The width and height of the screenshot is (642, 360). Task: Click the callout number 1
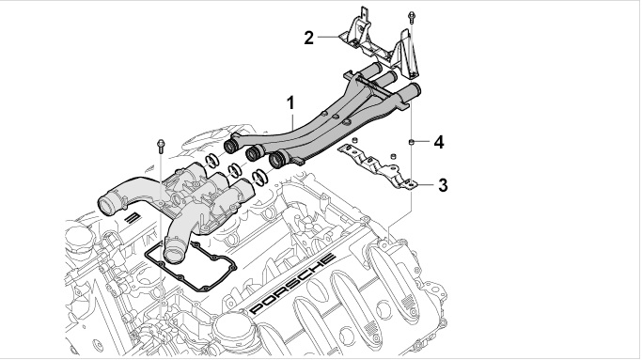(290, 102)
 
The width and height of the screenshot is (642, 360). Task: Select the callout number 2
(308, 38)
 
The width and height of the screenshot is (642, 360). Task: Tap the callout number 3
(443, 185)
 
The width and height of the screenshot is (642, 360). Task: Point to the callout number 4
(439, 143)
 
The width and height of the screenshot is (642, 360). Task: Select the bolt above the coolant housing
(161, 146)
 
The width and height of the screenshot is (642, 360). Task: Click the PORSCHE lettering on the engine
(292, 284)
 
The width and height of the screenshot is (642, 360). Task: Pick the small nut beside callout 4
(411, 142)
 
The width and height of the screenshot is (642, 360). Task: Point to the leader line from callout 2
(328, 37)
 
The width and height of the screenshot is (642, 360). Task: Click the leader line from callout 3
(425, 185)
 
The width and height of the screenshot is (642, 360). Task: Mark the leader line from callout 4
(422, 142)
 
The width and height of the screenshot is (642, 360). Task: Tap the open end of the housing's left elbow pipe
(107, 204)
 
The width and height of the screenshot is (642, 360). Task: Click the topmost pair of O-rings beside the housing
(212, 161)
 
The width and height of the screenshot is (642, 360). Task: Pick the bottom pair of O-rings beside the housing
(260, 177)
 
